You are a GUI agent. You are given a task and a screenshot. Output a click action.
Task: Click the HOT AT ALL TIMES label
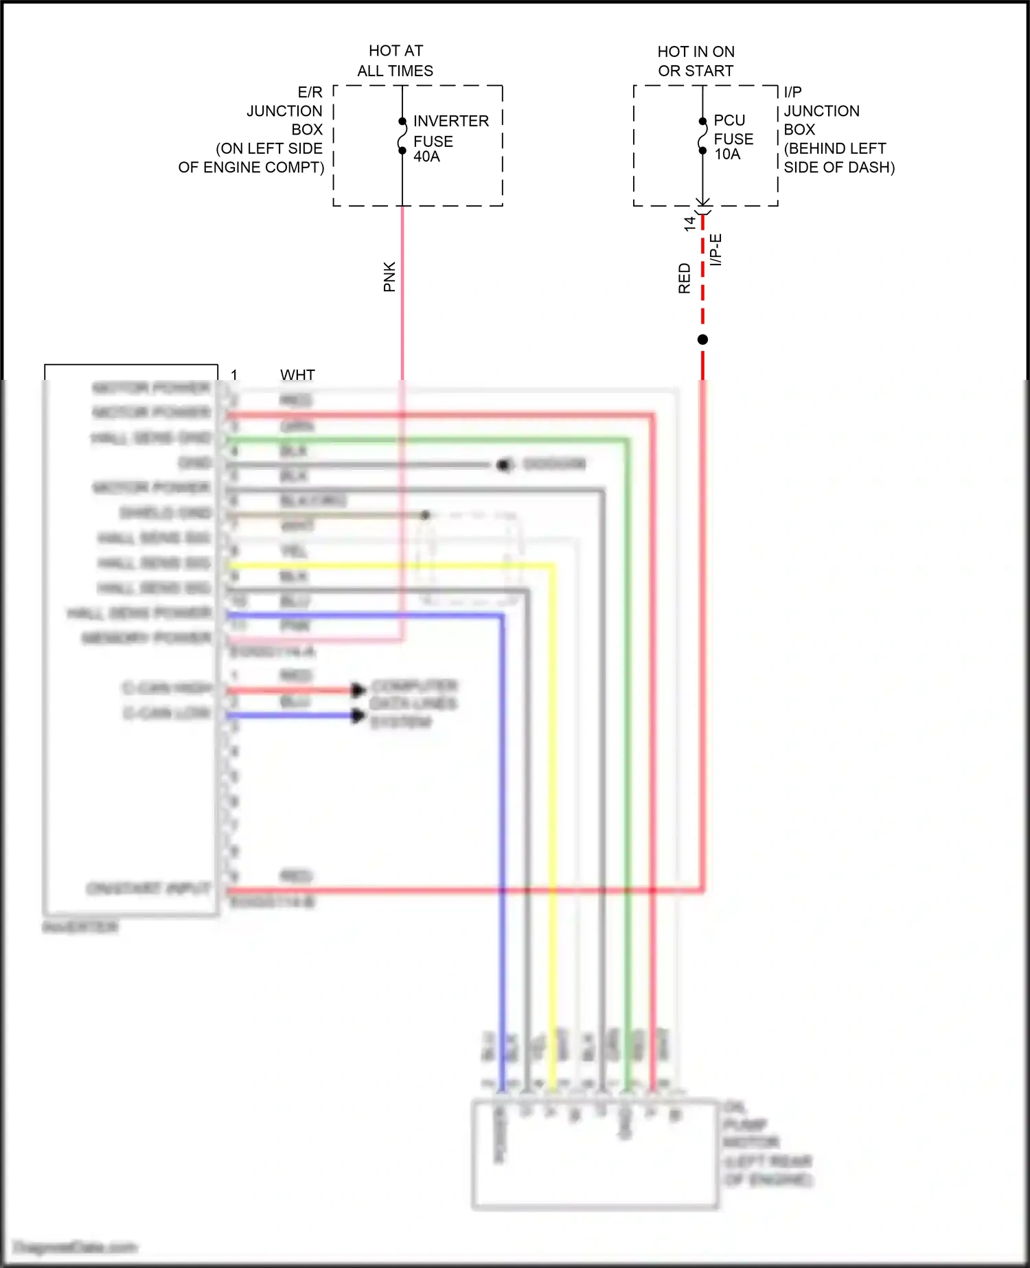396,60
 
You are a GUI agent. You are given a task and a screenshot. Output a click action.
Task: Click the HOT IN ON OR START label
696,61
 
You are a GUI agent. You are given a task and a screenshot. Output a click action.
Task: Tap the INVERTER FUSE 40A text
450,139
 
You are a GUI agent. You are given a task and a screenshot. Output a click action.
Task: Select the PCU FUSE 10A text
733,138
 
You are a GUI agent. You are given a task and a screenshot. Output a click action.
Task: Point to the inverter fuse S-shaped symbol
402,136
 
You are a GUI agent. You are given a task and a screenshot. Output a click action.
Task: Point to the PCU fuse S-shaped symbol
702,136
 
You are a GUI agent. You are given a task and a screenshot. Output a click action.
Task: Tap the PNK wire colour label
389,277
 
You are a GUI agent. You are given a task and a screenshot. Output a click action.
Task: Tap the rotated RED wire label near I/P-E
684,278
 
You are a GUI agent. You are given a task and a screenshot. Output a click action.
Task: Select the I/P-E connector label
716,250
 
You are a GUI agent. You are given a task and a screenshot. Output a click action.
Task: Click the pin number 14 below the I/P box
689,224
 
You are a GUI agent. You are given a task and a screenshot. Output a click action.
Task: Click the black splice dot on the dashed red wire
702,339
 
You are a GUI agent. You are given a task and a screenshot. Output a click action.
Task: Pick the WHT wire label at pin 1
297,375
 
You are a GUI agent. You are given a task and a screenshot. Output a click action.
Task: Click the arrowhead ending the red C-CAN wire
358,690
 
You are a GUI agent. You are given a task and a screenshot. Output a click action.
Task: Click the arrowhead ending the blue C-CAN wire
358,716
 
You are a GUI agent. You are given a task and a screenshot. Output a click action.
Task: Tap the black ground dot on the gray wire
503,465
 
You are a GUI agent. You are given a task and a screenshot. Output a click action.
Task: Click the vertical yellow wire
552,824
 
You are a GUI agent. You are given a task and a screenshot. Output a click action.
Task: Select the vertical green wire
627,824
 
